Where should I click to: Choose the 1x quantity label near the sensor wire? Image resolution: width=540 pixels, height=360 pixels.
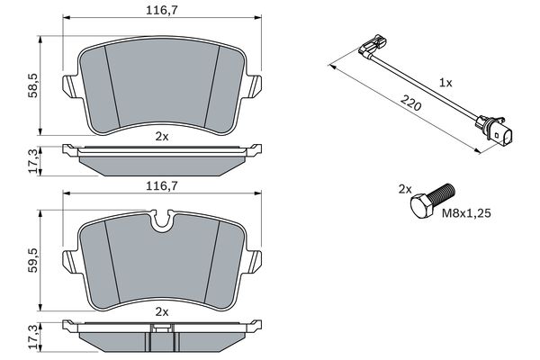click(445, 81)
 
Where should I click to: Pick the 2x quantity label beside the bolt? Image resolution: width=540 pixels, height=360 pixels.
click(405, 189)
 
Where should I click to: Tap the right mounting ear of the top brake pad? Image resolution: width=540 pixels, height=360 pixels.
click(256, 86)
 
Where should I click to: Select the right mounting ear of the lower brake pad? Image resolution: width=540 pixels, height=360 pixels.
click(256, 261)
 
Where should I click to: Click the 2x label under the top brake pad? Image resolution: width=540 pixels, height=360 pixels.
click(161, 137)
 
